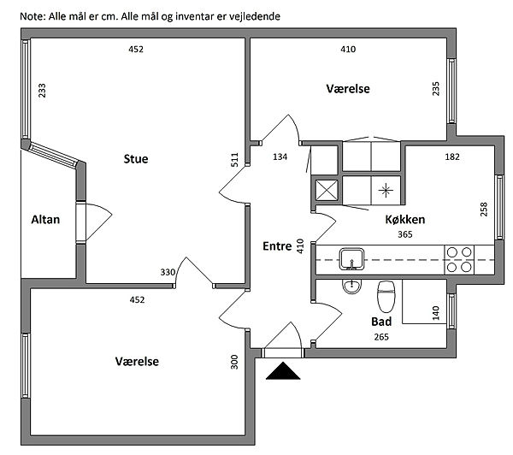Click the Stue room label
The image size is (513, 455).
coord(136,158)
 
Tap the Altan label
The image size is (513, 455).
coord(45,220)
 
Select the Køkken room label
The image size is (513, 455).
coord(405,220)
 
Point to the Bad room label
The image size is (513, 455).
coord(381,322)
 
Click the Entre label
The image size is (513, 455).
coord(277,246)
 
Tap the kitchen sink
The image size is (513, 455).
coord(351,257)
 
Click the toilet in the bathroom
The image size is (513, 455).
coord(385,295)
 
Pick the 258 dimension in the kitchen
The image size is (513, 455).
coord(483,209)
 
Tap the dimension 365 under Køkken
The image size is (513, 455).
coord(405,233)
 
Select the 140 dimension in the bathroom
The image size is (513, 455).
coord(435,313)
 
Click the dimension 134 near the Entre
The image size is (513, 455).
coord(280,157)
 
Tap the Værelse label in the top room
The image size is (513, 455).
coord(348,89)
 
